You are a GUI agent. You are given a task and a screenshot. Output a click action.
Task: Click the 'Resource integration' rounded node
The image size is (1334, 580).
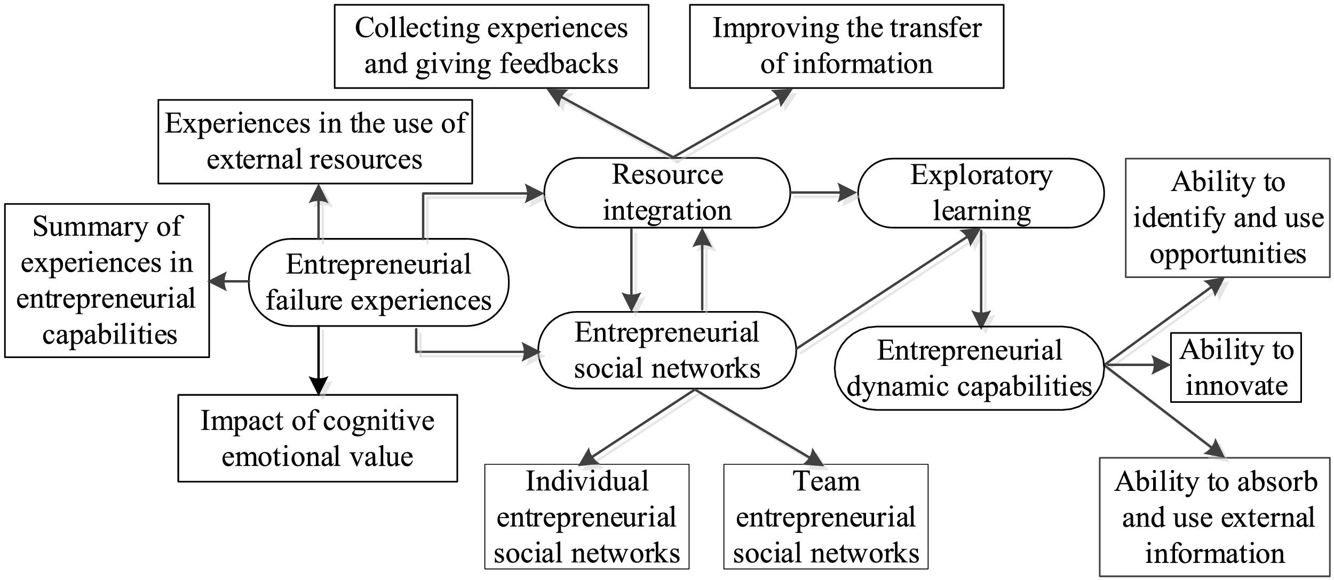tap(667, 193)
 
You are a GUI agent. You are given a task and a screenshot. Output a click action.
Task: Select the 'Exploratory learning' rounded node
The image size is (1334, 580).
tap(981, 193)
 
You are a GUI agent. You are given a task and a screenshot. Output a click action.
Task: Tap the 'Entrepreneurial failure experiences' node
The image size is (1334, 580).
tap(379, 282)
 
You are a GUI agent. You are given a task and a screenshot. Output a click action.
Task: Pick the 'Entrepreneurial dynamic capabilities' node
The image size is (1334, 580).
tap(969, 368)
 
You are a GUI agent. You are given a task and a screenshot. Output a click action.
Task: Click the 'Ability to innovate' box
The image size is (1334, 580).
tap(1236, 368)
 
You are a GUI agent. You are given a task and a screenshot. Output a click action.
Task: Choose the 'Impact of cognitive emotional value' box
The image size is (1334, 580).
tap(317, 438)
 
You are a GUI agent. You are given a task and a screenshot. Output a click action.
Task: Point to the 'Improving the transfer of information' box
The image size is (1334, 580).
tap(846, 46)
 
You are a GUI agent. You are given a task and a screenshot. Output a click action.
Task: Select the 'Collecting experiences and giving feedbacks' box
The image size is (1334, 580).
tap(491, 46)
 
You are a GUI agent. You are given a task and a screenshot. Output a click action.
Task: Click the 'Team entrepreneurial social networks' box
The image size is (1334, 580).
tap(825, 517)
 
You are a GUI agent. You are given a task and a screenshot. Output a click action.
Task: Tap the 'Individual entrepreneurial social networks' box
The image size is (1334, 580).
tap(587, 517)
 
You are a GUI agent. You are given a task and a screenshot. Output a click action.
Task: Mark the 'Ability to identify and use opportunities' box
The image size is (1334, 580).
tap(1227, 218)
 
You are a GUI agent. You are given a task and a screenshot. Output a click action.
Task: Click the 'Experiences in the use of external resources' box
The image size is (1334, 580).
tap(315, 141)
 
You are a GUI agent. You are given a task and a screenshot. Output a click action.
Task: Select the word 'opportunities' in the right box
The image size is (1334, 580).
tap(1228, 253)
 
